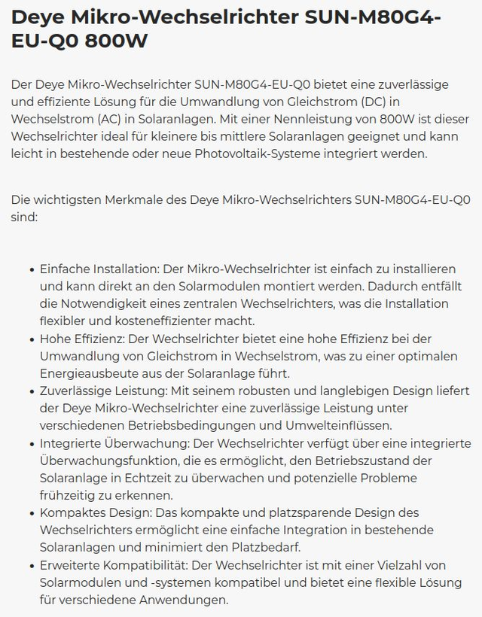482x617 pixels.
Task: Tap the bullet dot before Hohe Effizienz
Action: [x=31, y=339]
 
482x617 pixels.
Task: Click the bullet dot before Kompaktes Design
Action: [x=31, y=513]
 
